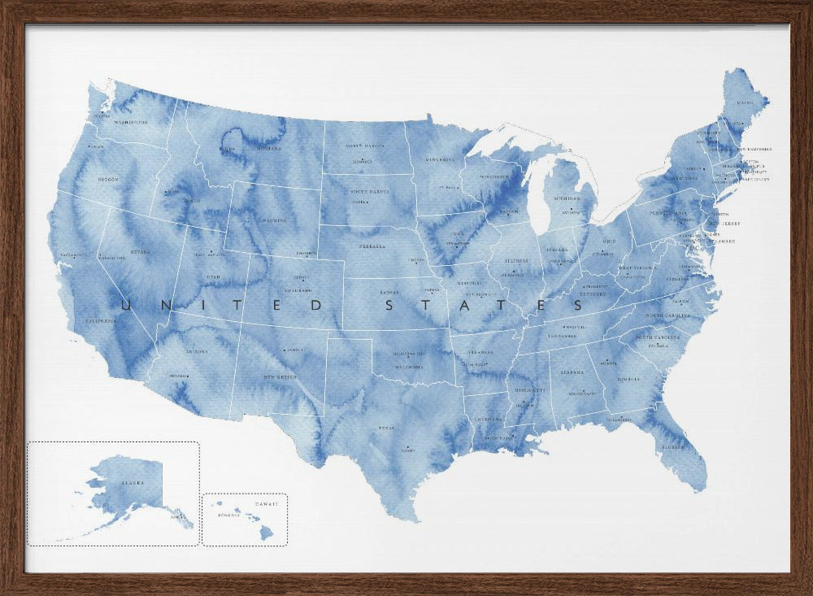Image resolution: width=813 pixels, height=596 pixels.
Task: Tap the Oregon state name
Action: coord(108,179)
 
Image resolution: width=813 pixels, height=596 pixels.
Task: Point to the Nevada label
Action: coord(140,252)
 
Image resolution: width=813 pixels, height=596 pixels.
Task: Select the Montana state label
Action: coord(269,148)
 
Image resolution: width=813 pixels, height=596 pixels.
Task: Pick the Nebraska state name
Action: coord(372,244)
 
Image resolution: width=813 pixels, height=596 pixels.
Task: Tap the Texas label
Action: coord(386,428)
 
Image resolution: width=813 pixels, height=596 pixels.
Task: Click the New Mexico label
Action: coord(279,377)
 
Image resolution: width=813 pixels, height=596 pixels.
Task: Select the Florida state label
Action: coord(672,446)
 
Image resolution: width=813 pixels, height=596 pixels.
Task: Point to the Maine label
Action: coord(744,103)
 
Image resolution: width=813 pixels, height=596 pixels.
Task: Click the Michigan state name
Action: coord(567,198)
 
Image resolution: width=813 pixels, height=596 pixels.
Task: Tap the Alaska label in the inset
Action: coord(133,482)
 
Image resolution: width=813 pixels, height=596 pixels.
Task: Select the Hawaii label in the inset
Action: coord(266,504)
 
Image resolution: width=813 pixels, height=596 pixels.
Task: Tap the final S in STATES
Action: coord(578,306)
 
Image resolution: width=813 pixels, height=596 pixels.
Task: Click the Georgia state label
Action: coord(627,379)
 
